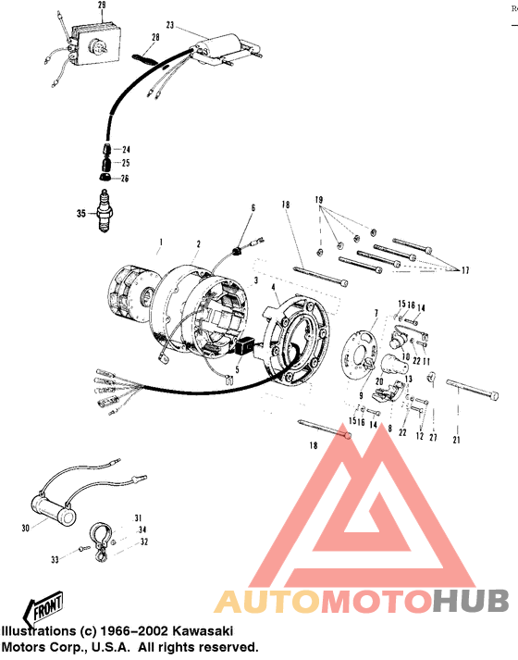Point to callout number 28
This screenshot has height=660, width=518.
pos(155,37)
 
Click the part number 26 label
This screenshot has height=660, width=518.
pos(126,178)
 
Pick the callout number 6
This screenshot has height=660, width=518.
pos(251,209)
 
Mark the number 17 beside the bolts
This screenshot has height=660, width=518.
pos(464,271)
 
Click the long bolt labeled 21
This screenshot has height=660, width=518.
pos(474,395)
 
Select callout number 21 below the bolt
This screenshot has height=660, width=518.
pos(455,440)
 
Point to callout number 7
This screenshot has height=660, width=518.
pos(376,312)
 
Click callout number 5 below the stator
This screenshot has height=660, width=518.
pos(237,369)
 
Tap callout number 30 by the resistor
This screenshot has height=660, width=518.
pos(26,529)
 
